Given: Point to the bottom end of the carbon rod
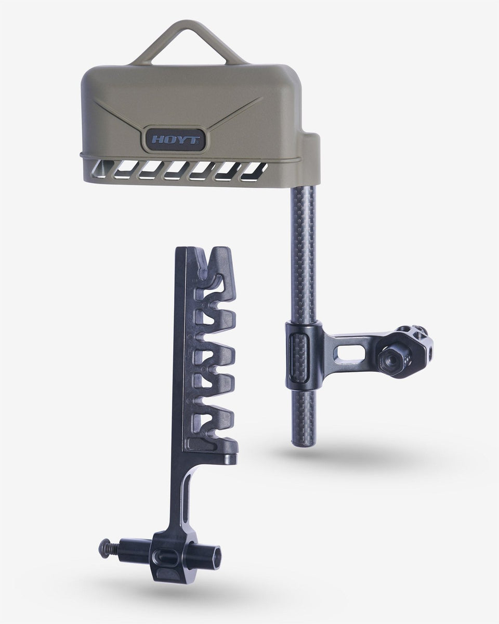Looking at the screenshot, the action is [x=302, y=444].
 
